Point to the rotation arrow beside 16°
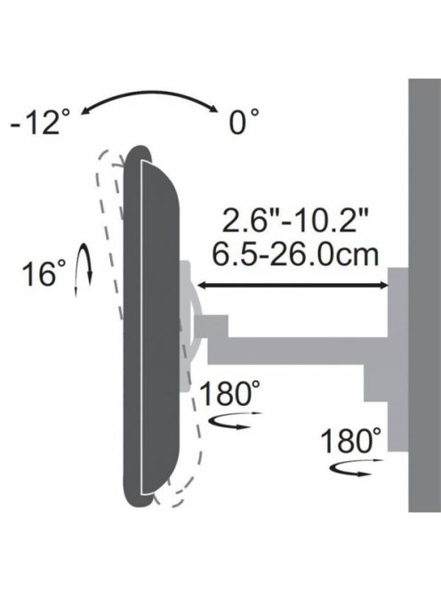tap(83, 270)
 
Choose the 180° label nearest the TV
tap(231, 393)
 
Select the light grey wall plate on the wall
tap(397, 356)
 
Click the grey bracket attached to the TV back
tap(190, 320)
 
